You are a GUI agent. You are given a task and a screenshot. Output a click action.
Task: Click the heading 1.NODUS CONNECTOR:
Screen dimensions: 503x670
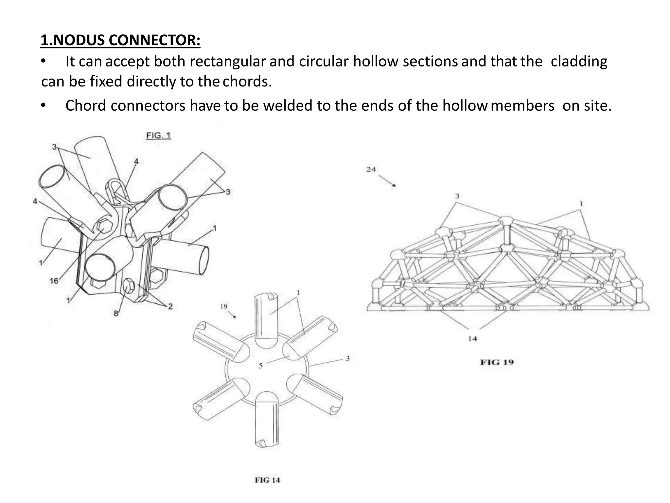[x=120, y=40]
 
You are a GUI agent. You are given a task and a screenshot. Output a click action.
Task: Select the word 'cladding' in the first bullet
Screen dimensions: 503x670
[x=579, y=62]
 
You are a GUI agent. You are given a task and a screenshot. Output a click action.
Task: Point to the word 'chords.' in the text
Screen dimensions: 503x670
[x=247, y=82]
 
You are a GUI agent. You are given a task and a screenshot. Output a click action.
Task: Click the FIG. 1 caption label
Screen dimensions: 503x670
[x=158, y=135]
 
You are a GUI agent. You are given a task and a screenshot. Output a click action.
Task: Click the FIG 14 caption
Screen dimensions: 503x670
[x=267, y=480]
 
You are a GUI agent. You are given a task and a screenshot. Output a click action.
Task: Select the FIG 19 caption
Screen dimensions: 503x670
[x=497, y=362]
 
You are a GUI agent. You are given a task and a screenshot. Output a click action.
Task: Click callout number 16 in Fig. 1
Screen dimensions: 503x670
[x=54, y=281]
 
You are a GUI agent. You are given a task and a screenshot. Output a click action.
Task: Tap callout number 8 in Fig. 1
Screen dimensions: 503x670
[x=115, y=313]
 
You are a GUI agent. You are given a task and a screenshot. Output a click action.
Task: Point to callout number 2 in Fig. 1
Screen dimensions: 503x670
[x=170, y=306]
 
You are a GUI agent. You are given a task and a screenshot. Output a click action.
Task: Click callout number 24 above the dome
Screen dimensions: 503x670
[x=371, y=169]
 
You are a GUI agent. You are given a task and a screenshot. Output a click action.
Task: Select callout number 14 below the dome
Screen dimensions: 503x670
[x=472, y=339]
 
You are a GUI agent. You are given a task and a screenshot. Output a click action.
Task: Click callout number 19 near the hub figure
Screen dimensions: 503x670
[x=224, y=307]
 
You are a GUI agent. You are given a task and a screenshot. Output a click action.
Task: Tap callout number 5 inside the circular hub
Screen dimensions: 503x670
[x=260, y=365]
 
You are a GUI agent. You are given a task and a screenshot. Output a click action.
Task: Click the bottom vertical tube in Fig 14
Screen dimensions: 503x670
[x=267, y=419]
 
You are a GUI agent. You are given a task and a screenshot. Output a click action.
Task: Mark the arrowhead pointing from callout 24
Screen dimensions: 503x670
[x=394, y=185]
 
